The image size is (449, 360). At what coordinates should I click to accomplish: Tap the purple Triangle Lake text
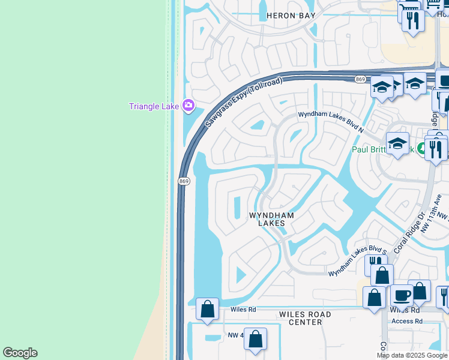[x=154, y=107]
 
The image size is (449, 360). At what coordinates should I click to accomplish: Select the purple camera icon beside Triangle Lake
[x=188, y=106]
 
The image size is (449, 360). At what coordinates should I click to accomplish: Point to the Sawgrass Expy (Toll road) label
[x=237, y=103]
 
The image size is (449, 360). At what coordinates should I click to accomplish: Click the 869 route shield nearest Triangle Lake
[x=184, y=181]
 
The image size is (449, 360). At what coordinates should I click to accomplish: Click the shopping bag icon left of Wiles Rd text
[x=208, y=308]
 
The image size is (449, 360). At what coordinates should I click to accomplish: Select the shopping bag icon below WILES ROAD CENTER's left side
[x=256, y=338]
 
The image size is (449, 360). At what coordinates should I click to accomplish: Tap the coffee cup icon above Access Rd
[x=402, y=295]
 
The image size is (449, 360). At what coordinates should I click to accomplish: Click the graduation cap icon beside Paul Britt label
[x=397, y=143]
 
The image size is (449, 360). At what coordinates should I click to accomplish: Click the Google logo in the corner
[x=20, y=353]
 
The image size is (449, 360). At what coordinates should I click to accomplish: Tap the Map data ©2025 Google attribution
[x=412, y=355]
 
